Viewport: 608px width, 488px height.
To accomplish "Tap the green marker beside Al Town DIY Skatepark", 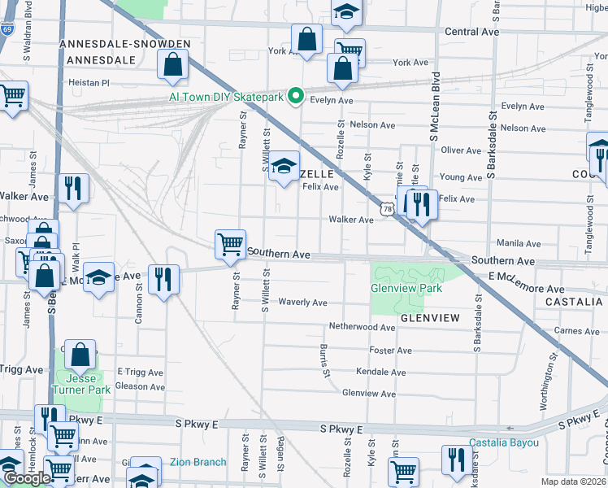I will pyautogui.click(x=296, y=97).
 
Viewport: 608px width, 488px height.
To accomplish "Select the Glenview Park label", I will pyautogui.click(x=406, y=288).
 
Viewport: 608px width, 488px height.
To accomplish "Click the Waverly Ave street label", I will pyautogui.click(x=302, y=303).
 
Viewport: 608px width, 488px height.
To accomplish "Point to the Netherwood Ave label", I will pyautogui.click(x=362, y=326).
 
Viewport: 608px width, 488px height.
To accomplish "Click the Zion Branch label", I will pyautogui.click(x=198, y=462).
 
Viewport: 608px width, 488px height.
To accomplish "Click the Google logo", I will pyautogui.click(x=27, y=478).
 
